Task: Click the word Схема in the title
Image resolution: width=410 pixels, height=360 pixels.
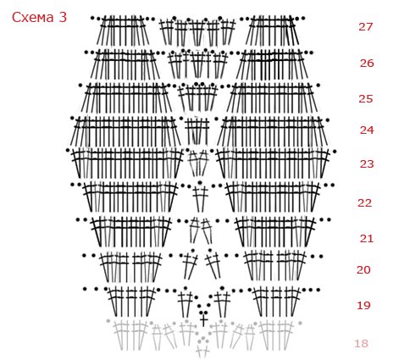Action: click(x=32, y=18)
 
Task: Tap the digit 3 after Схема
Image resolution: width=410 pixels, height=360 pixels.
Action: click(x=63, y=17)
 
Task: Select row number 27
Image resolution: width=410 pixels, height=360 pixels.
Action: click(x=366, y=27)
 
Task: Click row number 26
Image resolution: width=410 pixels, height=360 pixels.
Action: click(x=367, y=64)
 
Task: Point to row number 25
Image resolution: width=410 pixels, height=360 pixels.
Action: click(x=366, y=99)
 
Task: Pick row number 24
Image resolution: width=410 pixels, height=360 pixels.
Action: click(x=367, y=130)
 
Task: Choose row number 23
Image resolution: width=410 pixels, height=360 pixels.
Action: click(x=367, y=163)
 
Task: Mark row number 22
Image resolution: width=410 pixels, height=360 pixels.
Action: click(x=364, y=202)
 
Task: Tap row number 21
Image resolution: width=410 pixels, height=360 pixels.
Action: click(x=367, y=239)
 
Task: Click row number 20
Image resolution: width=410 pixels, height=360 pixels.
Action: click(x=363, y=270)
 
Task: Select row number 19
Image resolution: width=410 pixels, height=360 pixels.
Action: click(x=363, y=305)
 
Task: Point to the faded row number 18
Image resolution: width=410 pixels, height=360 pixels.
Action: click(x=362, y=344)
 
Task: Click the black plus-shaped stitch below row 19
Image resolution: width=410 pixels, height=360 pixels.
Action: click(x=203, y=320)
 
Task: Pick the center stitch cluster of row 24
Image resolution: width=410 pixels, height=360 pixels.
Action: click(x=197, y=131)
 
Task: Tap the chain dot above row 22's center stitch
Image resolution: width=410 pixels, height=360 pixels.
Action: click(x=200, y=183)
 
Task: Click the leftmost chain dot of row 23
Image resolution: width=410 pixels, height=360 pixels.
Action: click(x=68, y=150)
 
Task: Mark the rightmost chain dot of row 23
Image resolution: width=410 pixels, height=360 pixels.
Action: click(x=335, y=152)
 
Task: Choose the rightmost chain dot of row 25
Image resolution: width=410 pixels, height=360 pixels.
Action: click(x=319, y=85)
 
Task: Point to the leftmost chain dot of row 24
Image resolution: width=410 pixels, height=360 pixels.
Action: click(x=72, y=118)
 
